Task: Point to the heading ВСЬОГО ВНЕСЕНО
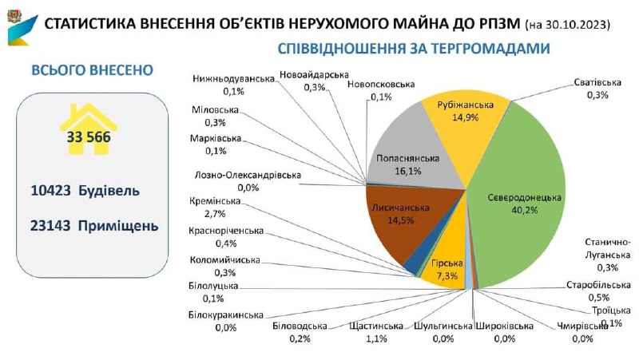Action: (x=91, y=70)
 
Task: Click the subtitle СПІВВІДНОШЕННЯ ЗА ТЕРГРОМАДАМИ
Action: (x=414, y=49)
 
